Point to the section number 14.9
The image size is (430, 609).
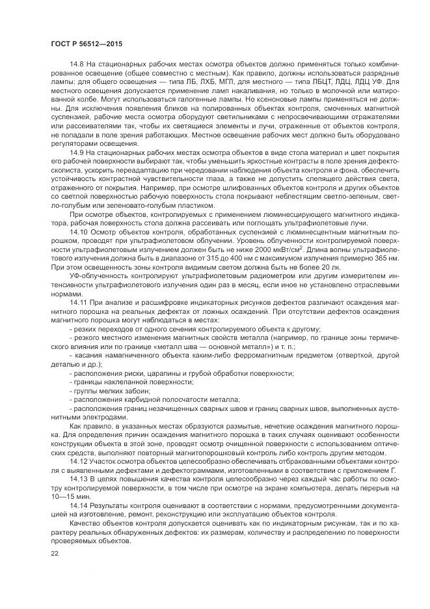coord(77,152)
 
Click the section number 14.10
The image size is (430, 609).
coord(79,231)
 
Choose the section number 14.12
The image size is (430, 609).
coord(79,460)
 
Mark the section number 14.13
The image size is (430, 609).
coord(79,479)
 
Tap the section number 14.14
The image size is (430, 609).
coord(79,505)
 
